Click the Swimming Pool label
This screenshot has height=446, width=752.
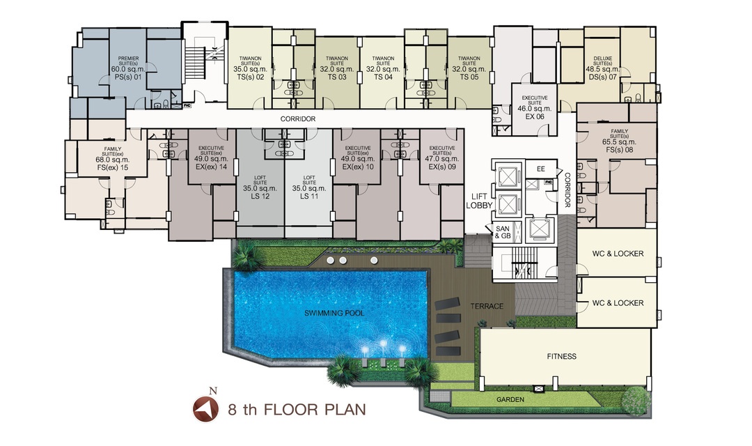coord(334,313)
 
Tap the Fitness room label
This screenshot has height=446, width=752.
coord(562,356)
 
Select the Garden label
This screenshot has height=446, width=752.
coord(510,399)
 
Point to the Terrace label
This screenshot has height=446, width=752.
coord(487,306)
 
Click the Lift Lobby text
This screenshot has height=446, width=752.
coord(479,201)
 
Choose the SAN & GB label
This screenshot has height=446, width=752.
coord(503,232)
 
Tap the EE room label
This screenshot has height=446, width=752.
coord(541,169)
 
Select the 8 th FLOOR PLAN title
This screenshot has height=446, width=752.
coord(297,410)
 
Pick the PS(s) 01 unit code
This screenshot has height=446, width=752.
coord(129,77)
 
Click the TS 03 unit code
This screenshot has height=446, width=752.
coord(337,77)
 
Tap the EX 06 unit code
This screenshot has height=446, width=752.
coord(535,116)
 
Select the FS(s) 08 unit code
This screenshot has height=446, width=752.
coord(619,150)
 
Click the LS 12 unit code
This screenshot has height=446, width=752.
coord(260,197)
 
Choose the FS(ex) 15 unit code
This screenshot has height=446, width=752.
coord(113,167)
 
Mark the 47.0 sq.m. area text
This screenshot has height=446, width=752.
coord(441,159)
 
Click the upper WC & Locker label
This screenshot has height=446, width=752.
coord(618,254)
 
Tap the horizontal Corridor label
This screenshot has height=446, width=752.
coord(298,118)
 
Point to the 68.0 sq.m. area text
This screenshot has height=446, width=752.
coord(113,160)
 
